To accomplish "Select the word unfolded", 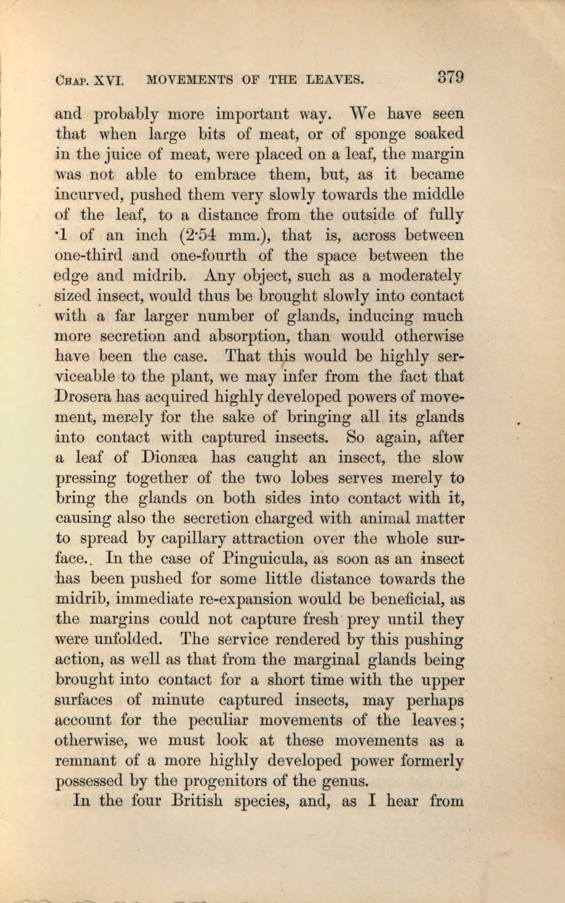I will click(x=128, y=640).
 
